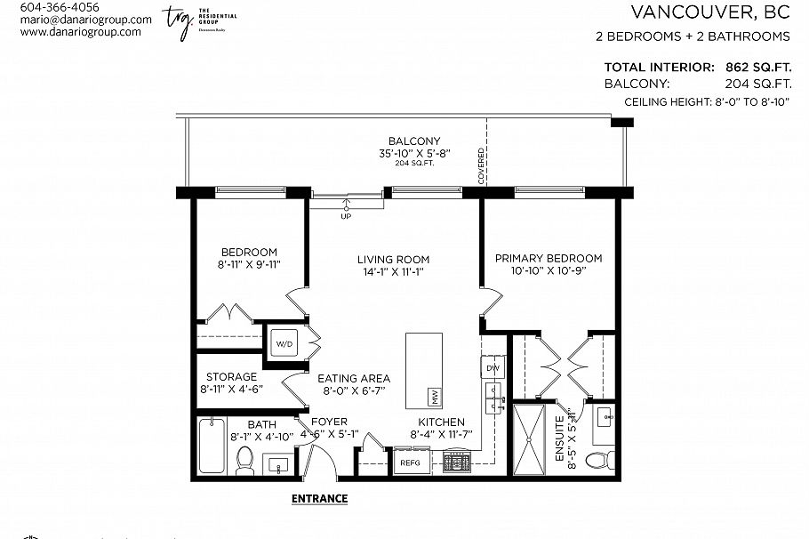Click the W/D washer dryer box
tap(284, 342)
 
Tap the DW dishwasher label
tap(491, 367)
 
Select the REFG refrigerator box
tap(409, 463)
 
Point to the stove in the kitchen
tap(458, 462)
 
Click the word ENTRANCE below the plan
tap(319, 499)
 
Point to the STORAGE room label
tap(231, 377)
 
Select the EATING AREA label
tap(354, 379)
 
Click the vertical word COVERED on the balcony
tap(481, 166)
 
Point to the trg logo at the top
tap(178, 21)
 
